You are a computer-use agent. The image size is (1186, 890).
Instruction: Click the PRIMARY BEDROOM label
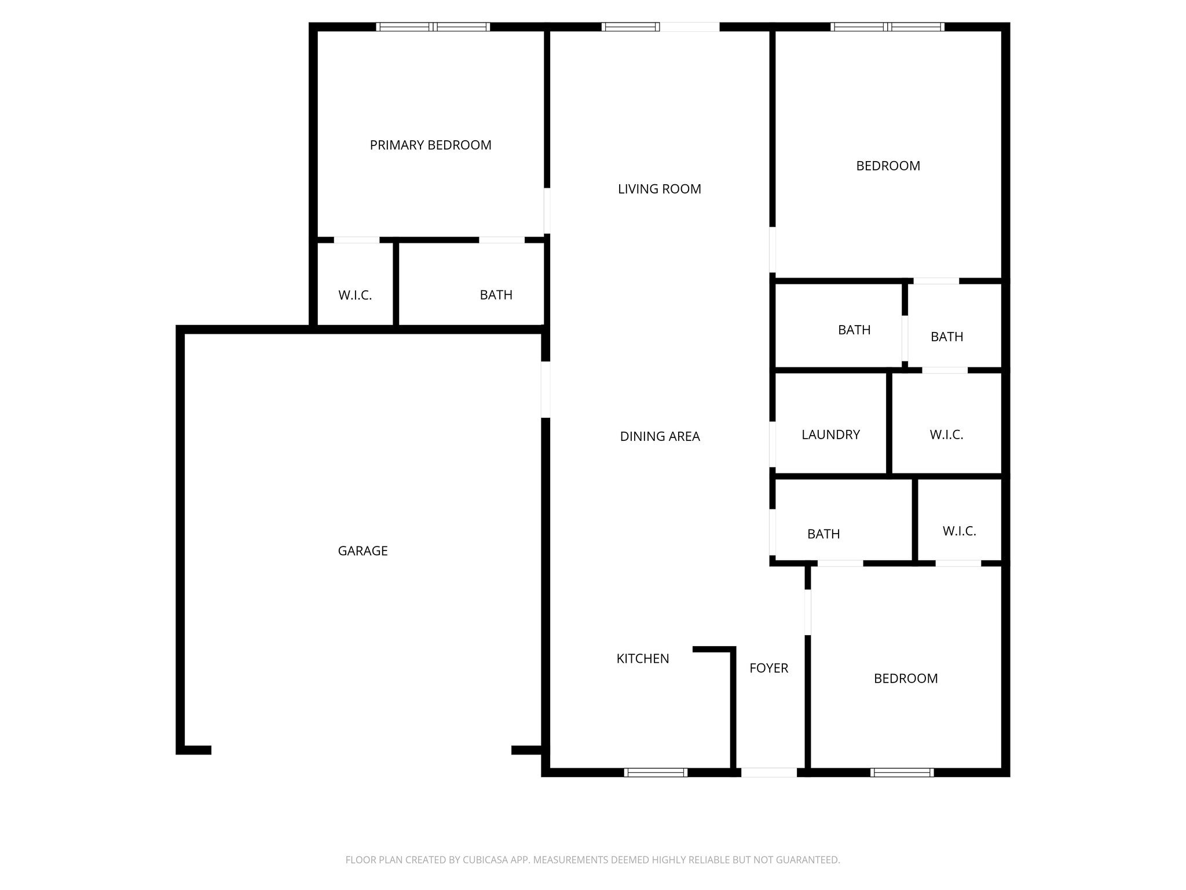(x=430, y=145)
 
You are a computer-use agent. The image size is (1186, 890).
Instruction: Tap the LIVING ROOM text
(x=659, y=189)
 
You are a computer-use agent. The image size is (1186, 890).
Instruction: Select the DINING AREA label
(x=660, y=436)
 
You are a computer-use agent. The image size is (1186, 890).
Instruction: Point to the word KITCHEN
(x=642, y=658)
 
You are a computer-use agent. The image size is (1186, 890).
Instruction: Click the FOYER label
(x=768, y=668)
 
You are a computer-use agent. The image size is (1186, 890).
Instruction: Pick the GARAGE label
(x=363, y=550)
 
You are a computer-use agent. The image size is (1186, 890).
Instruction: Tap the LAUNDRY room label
(x=830, y=435)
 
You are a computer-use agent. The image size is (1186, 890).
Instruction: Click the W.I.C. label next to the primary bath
(x=354, y=295)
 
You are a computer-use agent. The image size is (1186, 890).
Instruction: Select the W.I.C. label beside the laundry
(x=946, y=435)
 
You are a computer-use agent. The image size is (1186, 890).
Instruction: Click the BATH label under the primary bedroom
(x=496, y=295)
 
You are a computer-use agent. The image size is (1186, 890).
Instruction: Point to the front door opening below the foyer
(x=768, y=772)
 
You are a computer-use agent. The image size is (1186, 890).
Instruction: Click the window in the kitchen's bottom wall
(x=656, y=772)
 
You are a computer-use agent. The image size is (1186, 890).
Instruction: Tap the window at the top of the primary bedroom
(x=433, y=27)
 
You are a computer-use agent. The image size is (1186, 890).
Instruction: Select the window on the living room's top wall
(x=630, y=27)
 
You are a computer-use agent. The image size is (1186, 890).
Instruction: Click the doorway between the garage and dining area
(x=545, y=389)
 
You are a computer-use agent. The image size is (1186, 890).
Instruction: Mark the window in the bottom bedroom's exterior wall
(x=902, y=772)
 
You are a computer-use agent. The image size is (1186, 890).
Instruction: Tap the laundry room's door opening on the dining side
(x=773, y=444)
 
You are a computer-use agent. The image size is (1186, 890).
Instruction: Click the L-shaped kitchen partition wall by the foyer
(x=732, y=695)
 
